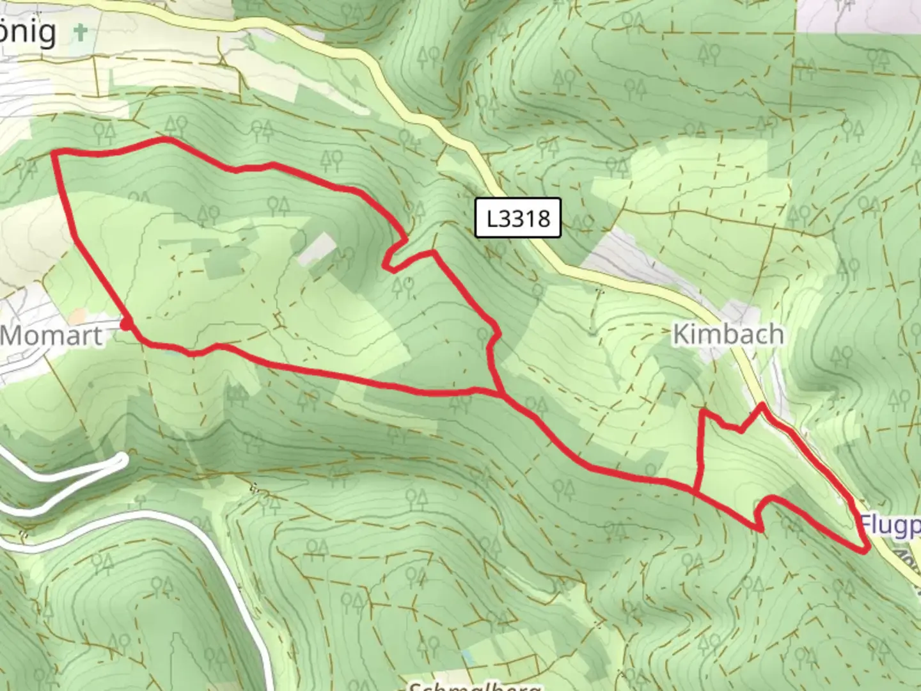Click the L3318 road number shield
[x=518, y=218]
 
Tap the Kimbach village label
[x=728, y=334]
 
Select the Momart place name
[x=51, y=335]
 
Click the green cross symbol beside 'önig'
[x=81, y=31]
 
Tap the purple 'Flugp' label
[x=889, y=525]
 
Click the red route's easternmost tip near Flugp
[x=866, y=549]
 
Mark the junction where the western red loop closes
[x=504, y=393]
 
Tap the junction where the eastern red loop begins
[x=696, y=491]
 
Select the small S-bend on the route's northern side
[x=397, y=253]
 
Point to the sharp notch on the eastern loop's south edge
[x=760, y=526]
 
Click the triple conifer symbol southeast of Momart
[x=238, y=395]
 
